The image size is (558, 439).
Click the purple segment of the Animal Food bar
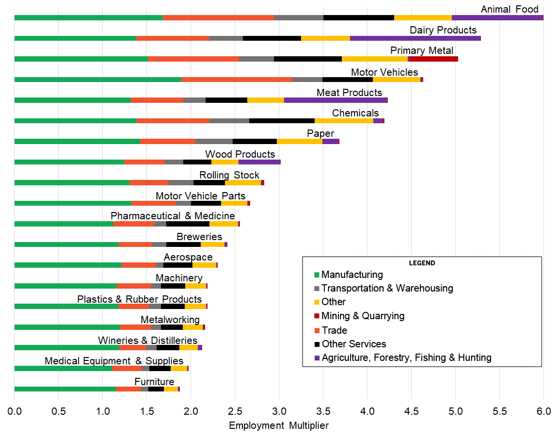497,18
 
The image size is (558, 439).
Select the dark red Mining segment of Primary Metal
434,59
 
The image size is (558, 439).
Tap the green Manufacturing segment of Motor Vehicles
97,80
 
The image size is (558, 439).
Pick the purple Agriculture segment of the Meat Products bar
335,100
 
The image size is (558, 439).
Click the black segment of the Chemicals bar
282,121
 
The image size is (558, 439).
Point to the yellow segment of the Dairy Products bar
325,38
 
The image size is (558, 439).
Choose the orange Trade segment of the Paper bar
167,142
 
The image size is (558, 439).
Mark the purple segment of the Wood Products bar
259,162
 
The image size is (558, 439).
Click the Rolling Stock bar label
229,175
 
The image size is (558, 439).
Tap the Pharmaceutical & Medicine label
173,216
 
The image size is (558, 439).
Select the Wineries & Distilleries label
147,341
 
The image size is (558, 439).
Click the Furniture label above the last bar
154,382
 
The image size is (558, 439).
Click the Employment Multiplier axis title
279,426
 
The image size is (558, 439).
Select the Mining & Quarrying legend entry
363,316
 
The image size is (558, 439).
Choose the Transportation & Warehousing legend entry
387,288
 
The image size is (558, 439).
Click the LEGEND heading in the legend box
422,263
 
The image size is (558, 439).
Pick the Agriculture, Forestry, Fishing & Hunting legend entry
406,358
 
